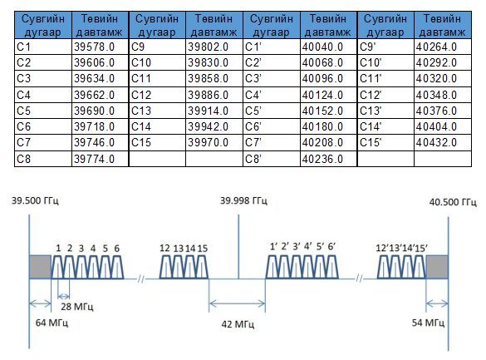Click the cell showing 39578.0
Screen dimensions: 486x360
point(94,47)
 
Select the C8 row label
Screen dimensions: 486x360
point(23,159)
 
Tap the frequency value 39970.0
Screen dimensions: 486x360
point(208,143)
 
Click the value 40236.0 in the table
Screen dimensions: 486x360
point(322,159)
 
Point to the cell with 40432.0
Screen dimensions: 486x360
point(436,143)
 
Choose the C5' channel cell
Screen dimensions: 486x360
point(253,111)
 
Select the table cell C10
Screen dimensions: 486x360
point(141,62)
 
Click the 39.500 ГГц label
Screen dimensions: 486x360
point(35,200)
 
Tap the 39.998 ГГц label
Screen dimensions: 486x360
point(243,200)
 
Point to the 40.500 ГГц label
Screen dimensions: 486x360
point(453,202)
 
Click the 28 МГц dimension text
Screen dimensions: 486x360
point(77,307)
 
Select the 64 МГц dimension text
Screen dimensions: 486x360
point(52,323)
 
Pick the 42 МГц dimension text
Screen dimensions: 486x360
point(238,324)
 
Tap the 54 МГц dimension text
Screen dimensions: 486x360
point(428,323)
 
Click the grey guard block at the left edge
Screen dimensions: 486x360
point(41,267)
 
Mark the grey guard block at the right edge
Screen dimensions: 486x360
point(437,267)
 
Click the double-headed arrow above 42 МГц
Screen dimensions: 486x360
point(237,303)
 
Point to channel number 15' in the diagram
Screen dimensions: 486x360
point(421,248)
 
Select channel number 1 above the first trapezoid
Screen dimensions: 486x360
point(58,248)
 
